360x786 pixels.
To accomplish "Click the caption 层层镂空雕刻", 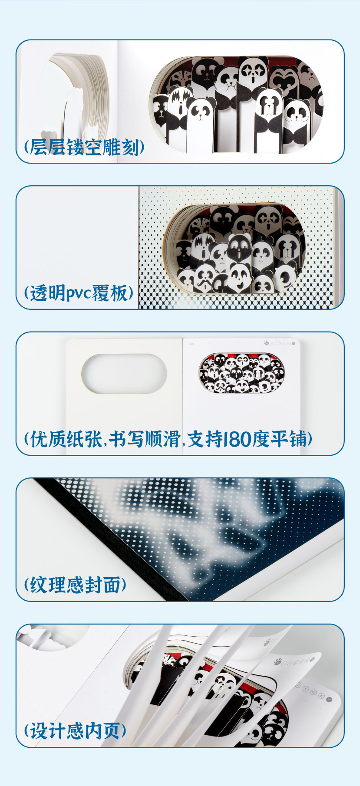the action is click(84, 147).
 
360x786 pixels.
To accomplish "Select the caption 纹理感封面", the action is click(75, 585).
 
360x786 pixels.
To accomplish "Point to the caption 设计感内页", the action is click(75, 731).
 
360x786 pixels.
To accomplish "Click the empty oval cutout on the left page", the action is click(124, 374).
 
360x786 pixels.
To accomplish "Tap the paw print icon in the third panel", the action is click(266, 342).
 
